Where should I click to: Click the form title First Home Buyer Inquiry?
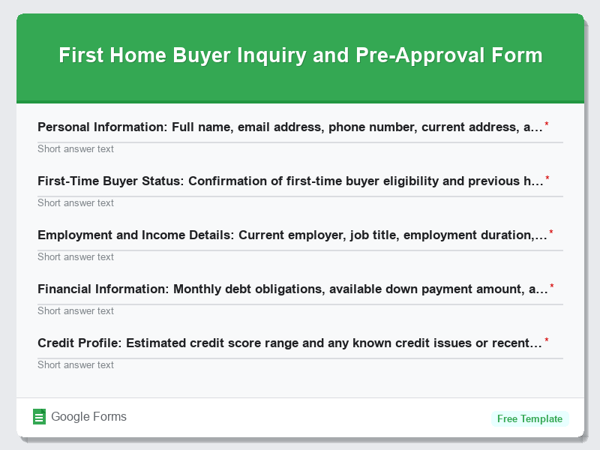click(x=300, y=56)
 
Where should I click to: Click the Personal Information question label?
click(x=289, y=127)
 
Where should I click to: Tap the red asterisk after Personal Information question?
click(x=547, y=124)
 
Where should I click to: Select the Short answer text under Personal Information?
click(x=76, y=149)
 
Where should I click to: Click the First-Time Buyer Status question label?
click(x=289, y=181)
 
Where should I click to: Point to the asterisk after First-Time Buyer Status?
click(x=547, y=178)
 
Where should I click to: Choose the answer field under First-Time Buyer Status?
click(x=76, y=203)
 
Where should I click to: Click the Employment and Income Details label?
click(x=292, y=235)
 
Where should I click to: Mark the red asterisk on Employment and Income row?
click(x=551, y=232)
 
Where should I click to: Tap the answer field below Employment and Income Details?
click(x=76, y=257)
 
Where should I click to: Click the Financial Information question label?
click(x=292, y=289)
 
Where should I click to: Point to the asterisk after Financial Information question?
click(x=552, y=286)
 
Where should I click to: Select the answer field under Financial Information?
click(x=76, y=311)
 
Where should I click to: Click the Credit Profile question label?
click(x=289, y=343)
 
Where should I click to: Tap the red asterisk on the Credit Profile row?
click(x=547, y=340)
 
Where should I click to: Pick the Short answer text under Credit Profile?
click(x=76, y=365)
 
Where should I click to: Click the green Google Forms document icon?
click(x=40, y=417)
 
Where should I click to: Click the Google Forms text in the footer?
click(x=88, y=417)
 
